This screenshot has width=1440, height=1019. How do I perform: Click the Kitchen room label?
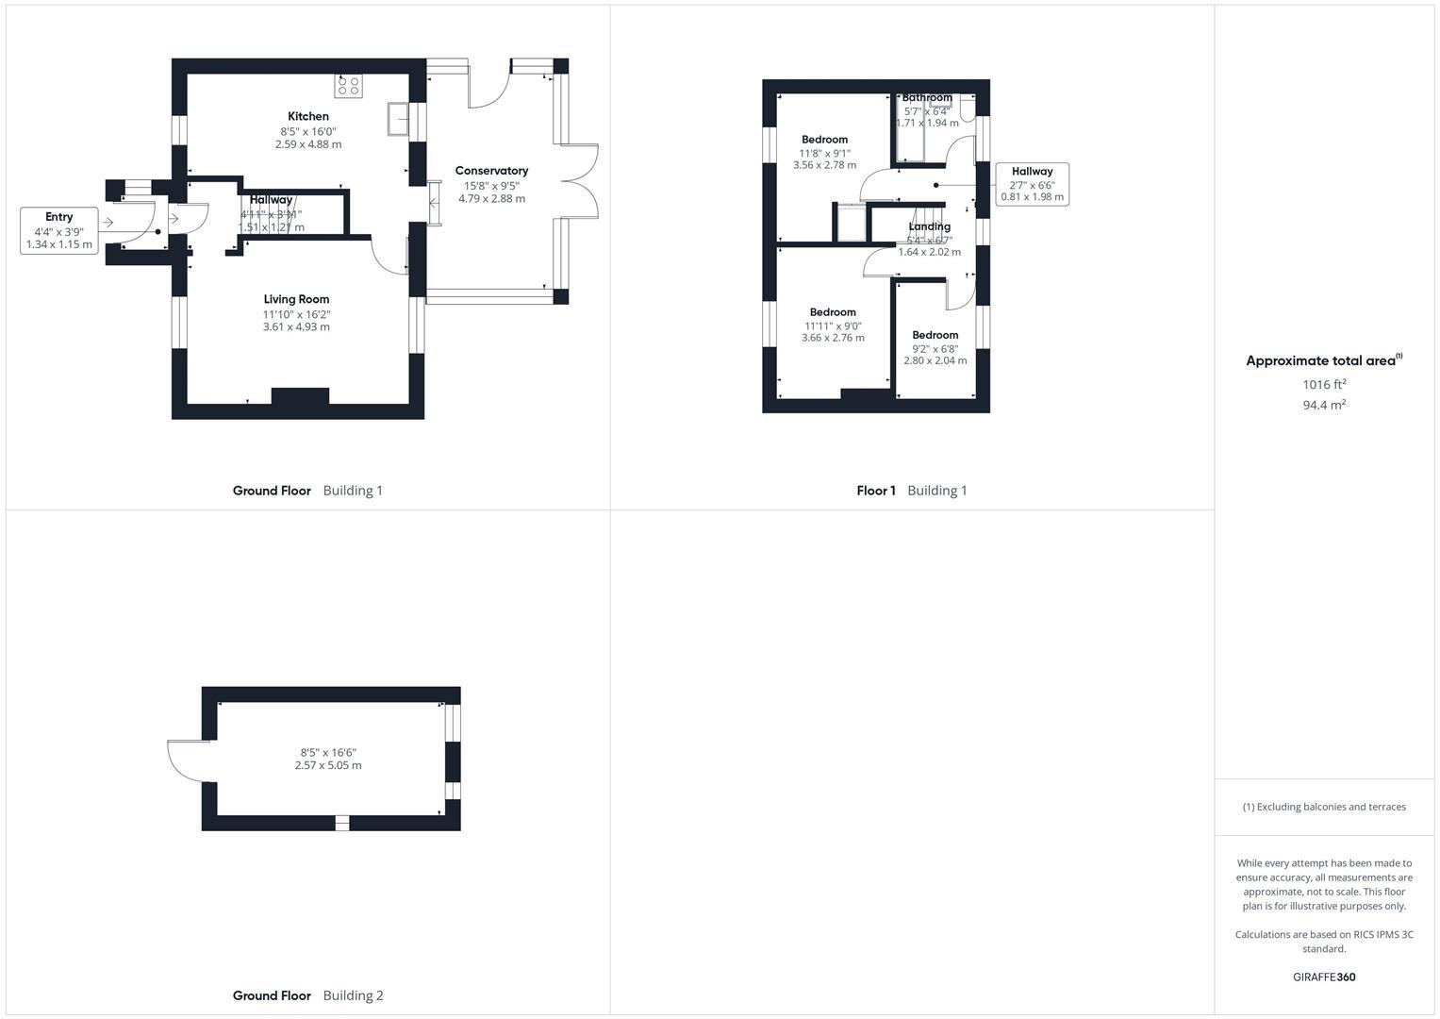[308, 116]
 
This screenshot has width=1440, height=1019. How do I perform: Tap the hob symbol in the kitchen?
[348, 86]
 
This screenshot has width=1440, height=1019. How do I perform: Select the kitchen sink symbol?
[398, 119]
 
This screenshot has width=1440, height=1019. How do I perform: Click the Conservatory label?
[491, 171]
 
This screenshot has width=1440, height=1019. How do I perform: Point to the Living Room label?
[296, 299]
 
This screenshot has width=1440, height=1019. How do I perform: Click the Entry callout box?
[59, 230]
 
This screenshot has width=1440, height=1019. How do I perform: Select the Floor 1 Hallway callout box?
[1032, 184]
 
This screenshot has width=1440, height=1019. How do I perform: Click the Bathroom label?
[927, 98]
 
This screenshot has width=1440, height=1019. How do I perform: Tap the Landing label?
[929, 226]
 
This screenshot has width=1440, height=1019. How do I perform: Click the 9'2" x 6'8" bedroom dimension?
[935, 348]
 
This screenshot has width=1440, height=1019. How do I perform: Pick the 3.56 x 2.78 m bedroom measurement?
[824, 165]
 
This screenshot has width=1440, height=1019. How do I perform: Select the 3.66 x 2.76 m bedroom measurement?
[833, 338]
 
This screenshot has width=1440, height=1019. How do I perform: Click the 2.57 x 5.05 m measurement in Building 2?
[328, 765]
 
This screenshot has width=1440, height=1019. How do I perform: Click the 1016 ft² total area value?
[1324, 384]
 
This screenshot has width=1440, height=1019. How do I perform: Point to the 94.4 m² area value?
[1324, 405]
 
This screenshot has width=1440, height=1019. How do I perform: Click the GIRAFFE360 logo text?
[1324, 977]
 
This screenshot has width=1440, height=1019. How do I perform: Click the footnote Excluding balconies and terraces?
[1324, 807]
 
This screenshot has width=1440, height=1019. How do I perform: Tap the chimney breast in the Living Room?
[300, 396]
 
